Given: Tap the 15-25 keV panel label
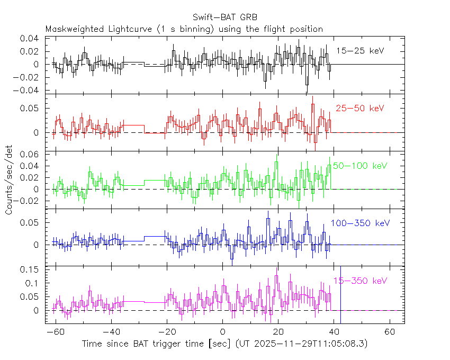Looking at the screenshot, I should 360,51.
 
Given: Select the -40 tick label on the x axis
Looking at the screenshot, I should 111,331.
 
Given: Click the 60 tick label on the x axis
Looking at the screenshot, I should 390,331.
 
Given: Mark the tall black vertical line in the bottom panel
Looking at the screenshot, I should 340,294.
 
